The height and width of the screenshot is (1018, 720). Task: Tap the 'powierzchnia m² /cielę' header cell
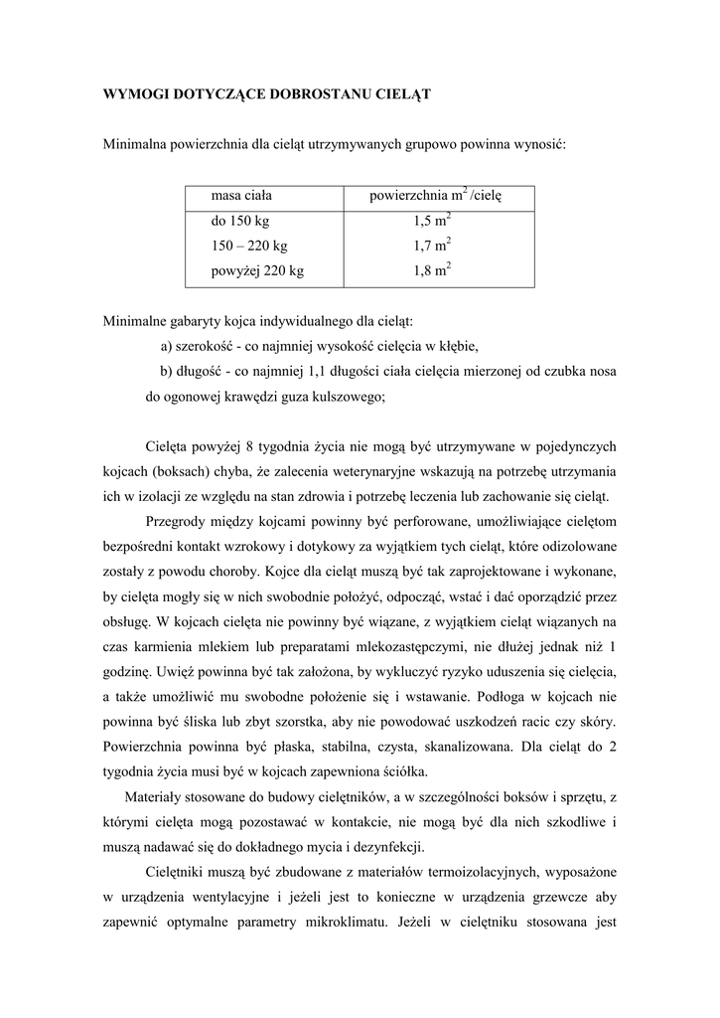436,196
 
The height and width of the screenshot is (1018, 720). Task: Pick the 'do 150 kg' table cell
239,221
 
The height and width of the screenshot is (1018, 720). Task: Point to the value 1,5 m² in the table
433,221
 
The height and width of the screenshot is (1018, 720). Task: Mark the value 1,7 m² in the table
433,246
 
